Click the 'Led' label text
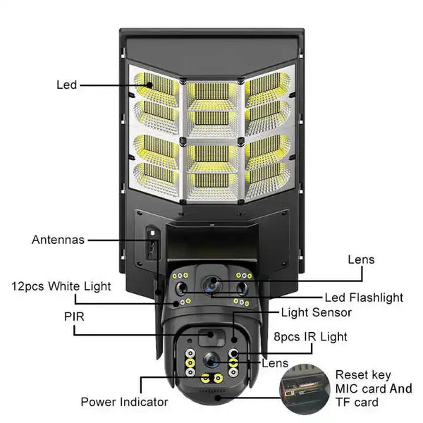(66, 85)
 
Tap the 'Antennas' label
(58, 240)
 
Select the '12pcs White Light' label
(61, 286)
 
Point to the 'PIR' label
(73, 317)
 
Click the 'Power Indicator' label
(124, 402)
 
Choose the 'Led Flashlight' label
(364, 297)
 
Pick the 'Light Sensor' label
(316, 312)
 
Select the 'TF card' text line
(356, 403)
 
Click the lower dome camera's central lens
(211, 359)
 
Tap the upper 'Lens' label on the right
(361, 259)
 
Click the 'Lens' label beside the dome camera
(274, 363)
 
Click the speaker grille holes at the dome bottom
(209, 388)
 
